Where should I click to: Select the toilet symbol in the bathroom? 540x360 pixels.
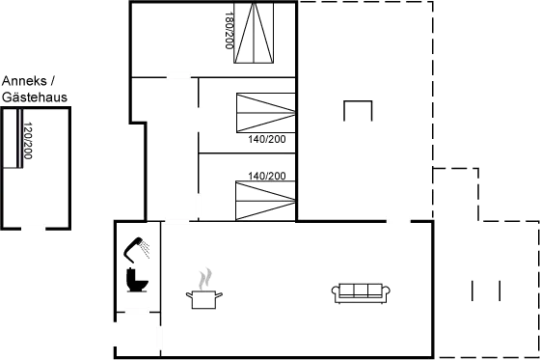[x=135, y=279]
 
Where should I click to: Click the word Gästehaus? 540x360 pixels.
[x=34, y=97]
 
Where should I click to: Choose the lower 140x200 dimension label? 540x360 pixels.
[x=267, y=176]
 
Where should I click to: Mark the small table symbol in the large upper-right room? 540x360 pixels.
[x=357, y=110]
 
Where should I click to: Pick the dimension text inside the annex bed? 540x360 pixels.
[x=28, y=143]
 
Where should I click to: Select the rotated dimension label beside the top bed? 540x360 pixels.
[x=229, y=32]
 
